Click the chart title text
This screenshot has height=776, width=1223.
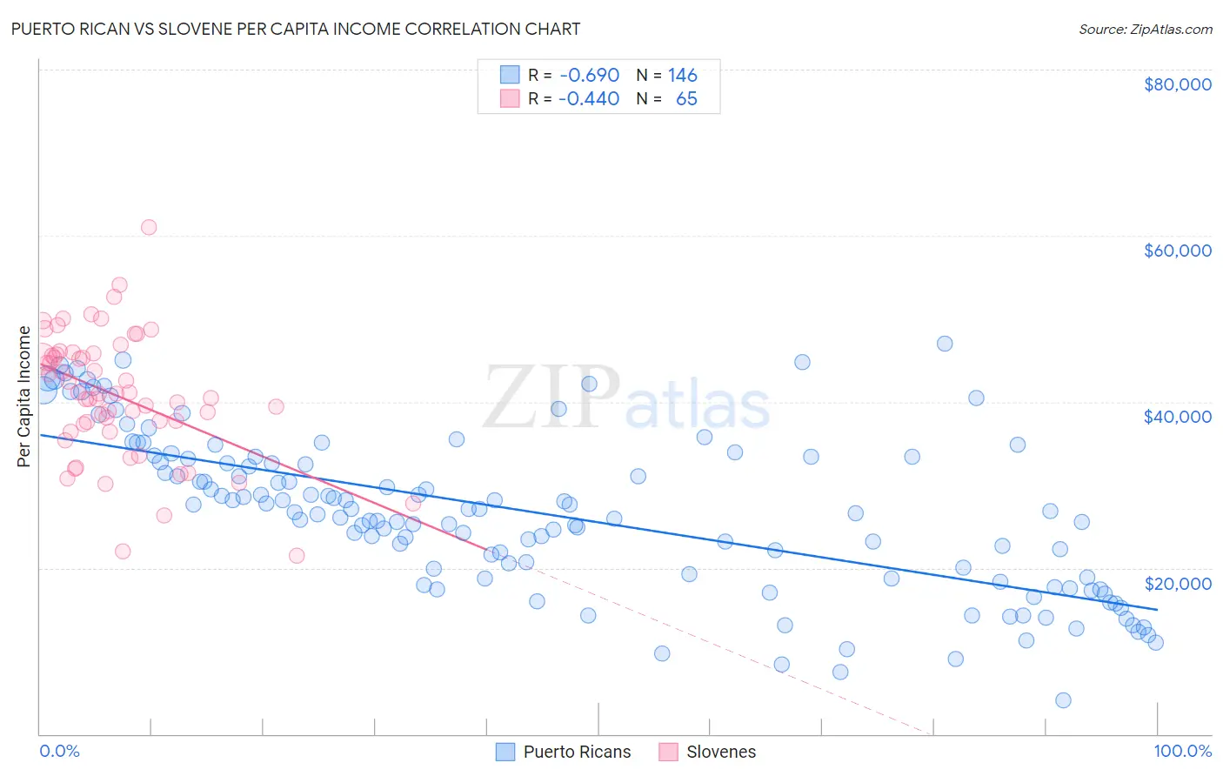[x=295, y=29]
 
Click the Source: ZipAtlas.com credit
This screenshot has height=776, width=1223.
[x=1145, y=30]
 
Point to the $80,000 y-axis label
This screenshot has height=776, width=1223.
[x=1177, y=84]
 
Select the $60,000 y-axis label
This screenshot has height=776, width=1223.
[x=1177, y=251]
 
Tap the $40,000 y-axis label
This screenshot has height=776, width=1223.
[x=1177, y=417]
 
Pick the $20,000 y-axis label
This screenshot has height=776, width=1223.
[x=1177, y=583]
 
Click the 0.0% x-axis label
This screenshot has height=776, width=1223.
[x=59, y=751]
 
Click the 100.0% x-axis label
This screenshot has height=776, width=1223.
[x=1182, y=751]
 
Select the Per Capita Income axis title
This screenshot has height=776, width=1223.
[x=24, y=396]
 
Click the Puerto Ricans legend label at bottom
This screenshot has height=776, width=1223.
[x=577, y=752]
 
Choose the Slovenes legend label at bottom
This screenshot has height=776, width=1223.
[x=721, y=752]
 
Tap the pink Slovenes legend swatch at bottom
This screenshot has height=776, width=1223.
[x=668, y=752]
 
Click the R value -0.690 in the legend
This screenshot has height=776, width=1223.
[x=589, y=75]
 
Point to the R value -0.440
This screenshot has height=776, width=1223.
[x=589, y=98]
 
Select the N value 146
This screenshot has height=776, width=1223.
[x=682, y=75]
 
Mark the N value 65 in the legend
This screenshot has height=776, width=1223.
[x=686, y=98]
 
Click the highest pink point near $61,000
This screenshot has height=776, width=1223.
[x=149, y=227]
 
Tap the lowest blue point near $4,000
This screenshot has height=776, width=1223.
[x=1063, y=700]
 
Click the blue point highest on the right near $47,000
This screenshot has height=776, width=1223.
[x=945, y=344]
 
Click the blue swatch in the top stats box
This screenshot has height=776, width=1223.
[x=509, y=75]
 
